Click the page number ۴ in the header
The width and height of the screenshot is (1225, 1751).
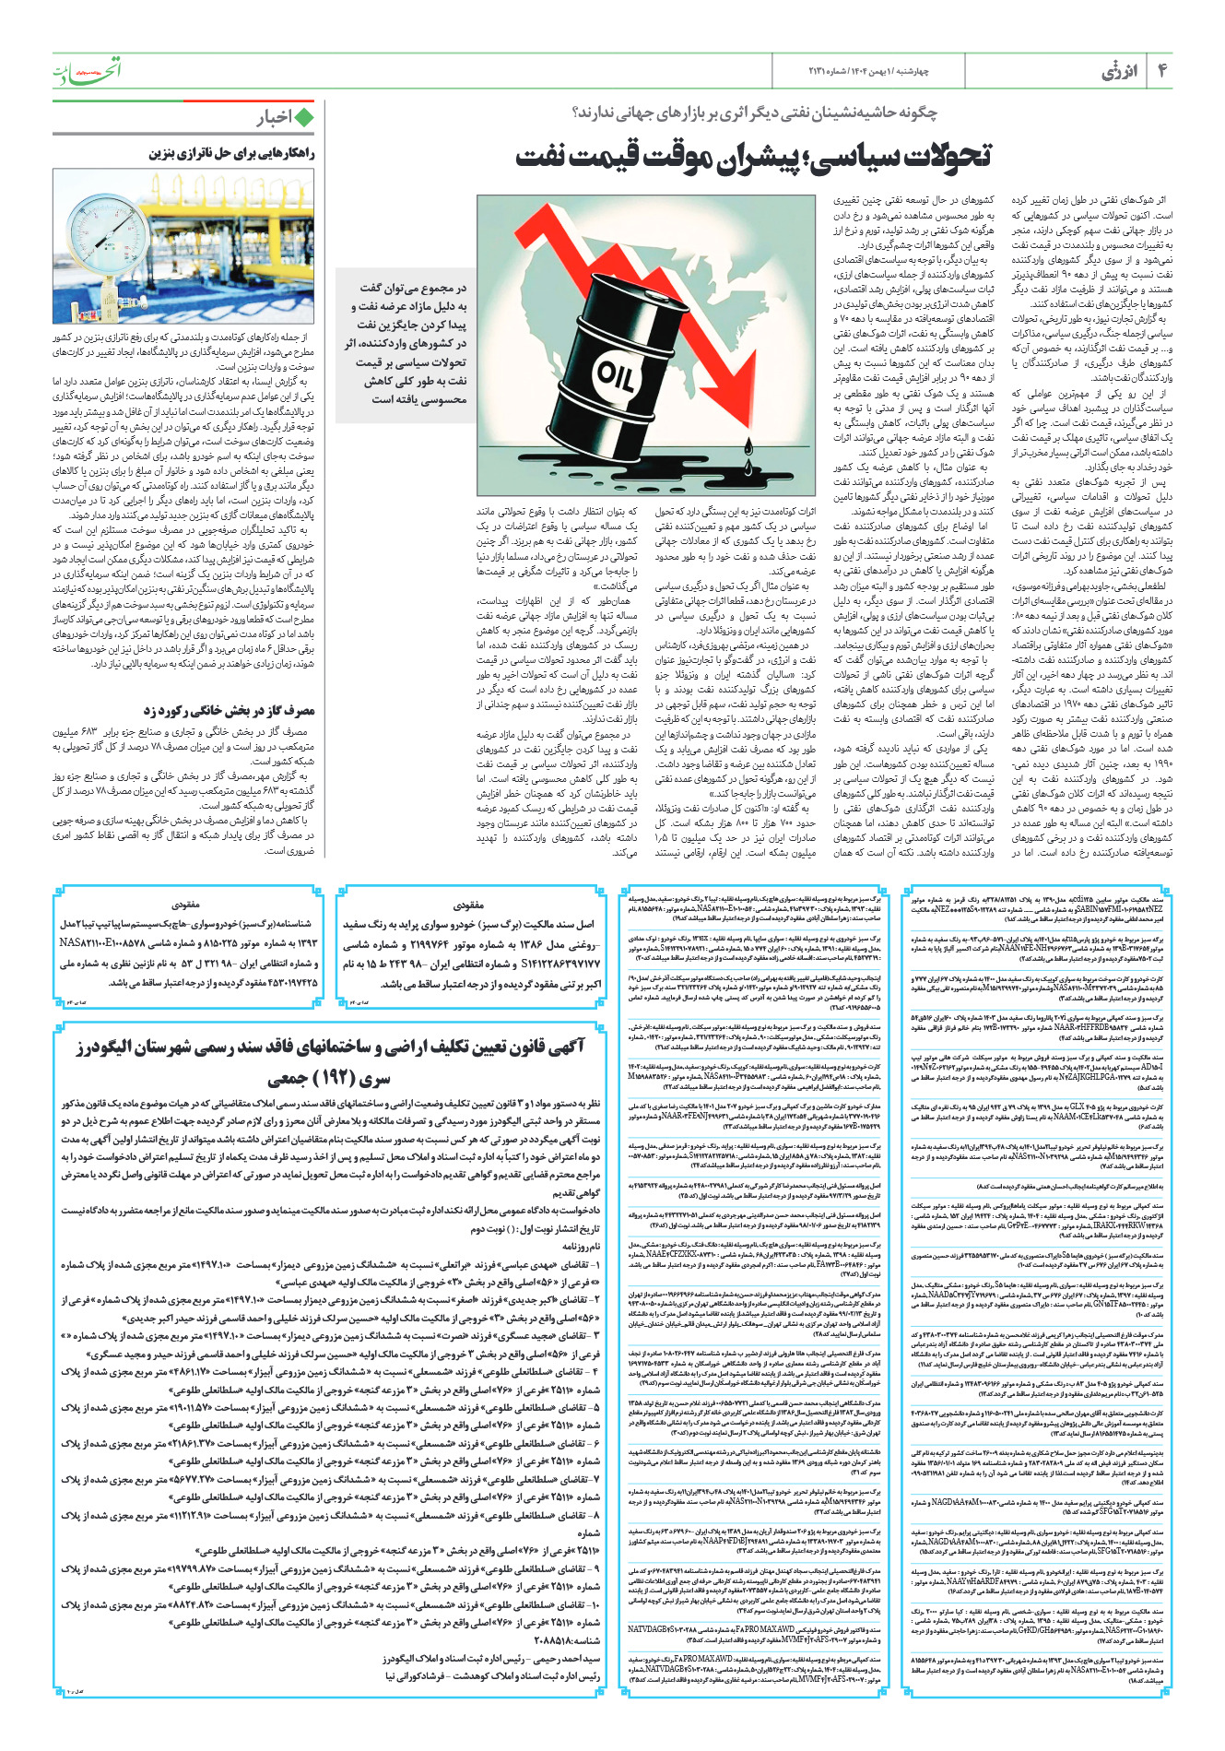click(x=1163, y=71)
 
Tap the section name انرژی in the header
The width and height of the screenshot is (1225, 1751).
click(x=1120, y=71)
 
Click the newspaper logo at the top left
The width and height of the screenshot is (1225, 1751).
click(x=87, y=70)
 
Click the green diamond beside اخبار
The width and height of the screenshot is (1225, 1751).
click(x=302, y=117)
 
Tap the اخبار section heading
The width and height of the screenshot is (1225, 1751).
click(x=273, y=117)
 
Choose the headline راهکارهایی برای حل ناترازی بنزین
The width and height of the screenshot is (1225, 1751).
click(x=231, y=154)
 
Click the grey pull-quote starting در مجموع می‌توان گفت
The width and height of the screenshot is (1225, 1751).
click(x=406, y=343)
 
